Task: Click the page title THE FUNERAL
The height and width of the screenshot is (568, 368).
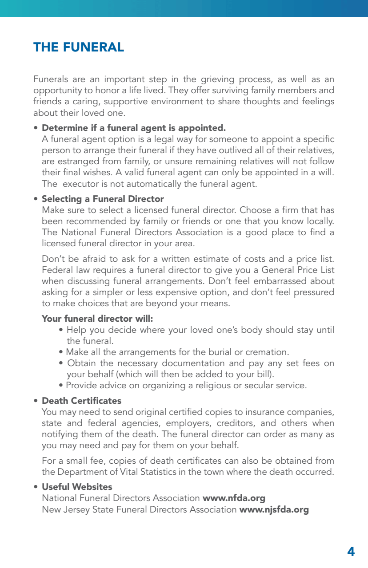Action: (79, 47)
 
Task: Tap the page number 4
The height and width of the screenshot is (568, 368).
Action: (351, 552)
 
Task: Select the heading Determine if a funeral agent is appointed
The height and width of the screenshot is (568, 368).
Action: (134, 128)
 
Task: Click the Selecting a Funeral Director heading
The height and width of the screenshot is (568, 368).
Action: (103, 199)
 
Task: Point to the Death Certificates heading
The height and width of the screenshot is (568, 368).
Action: (81, 401)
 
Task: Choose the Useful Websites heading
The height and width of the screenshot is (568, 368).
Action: (77, 487)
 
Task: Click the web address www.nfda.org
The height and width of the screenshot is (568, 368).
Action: (234, 498)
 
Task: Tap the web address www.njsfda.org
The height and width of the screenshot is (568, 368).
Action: (274, 509)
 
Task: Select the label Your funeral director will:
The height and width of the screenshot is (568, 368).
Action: (97, 319)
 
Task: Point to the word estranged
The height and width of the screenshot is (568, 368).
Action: (76, 162)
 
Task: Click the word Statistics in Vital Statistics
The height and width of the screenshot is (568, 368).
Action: (158, 472)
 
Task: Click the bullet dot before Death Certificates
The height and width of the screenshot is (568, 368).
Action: (35, 401)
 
